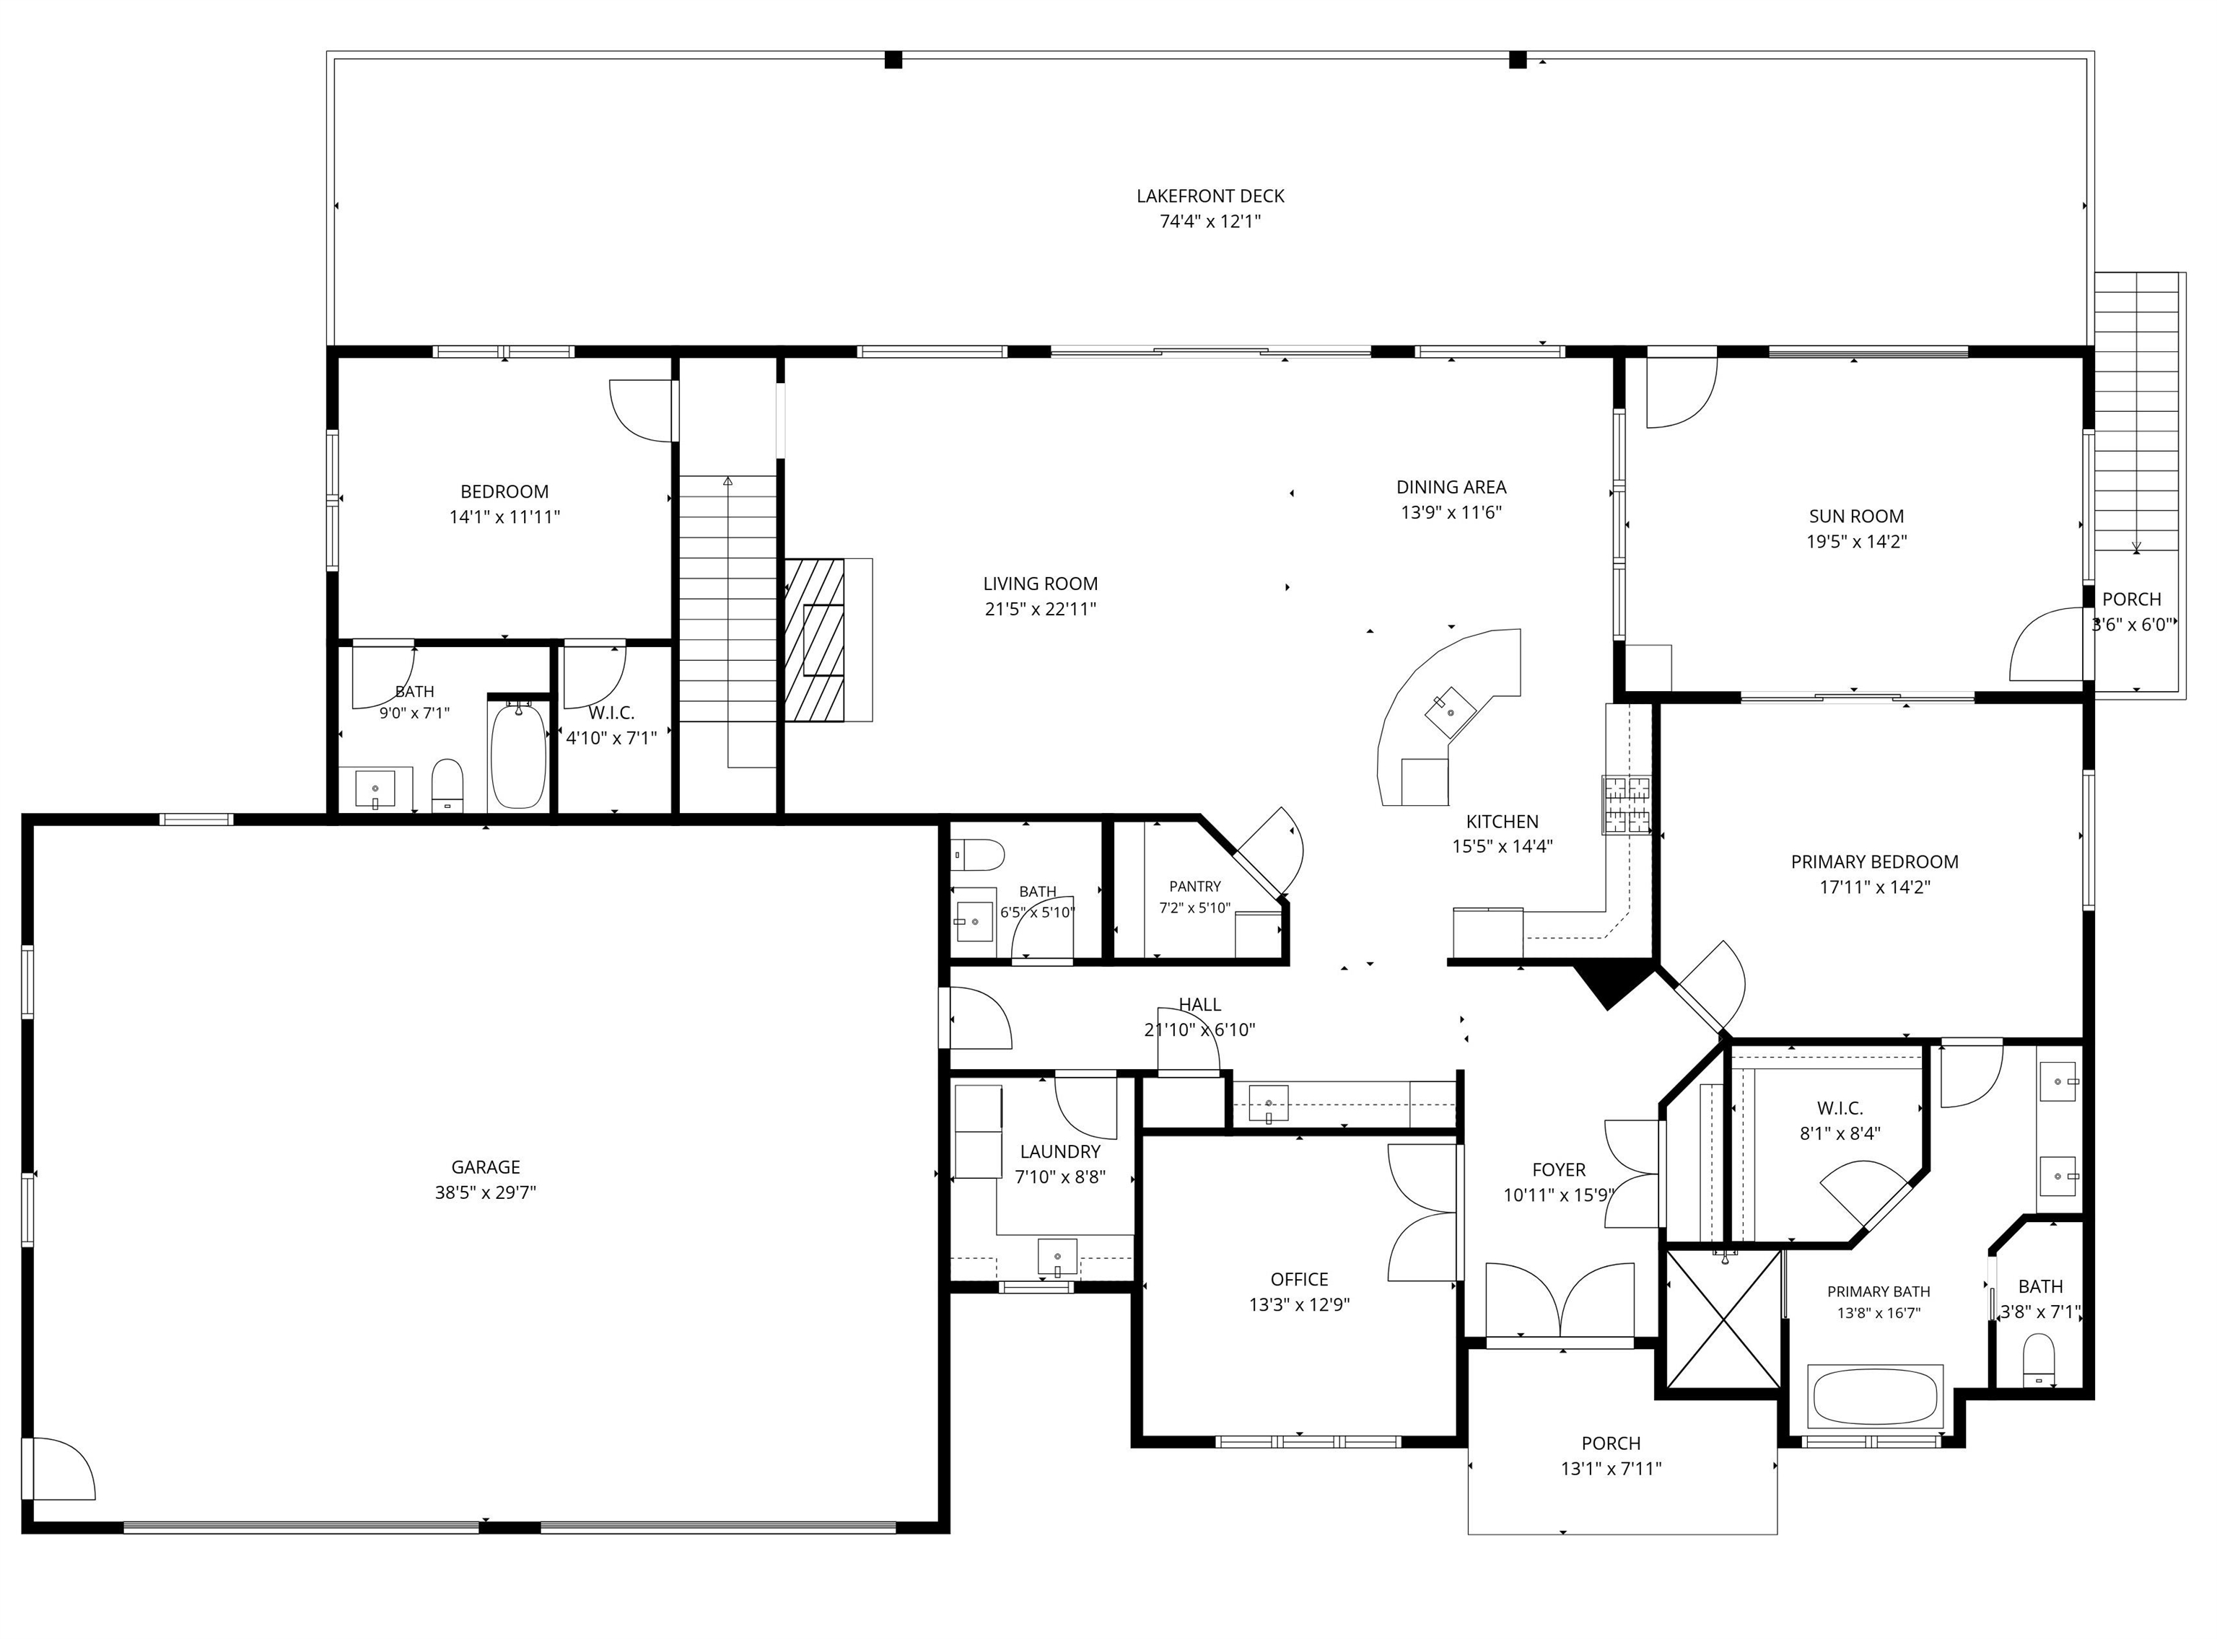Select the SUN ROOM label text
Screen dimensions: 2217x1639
(1855, 516)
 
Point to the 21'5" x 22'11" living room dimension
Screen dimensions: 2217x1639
(1040, 609)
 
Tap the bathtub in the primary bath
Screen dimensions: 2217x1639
(1875, 1397)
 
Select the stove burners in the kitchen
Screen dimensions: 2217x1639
(1625, 804)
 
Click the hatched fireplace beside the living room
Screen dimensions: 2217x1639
(815, 640)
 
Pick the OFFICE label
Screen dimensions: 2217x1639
(1299, 1280)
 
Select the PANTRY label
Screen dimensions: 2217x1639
(1195, 886)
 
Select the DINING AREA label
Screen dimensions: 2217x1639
(1451, 487)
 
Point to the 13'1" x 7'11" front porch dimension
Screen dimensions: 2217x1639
(1611, 1468)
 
